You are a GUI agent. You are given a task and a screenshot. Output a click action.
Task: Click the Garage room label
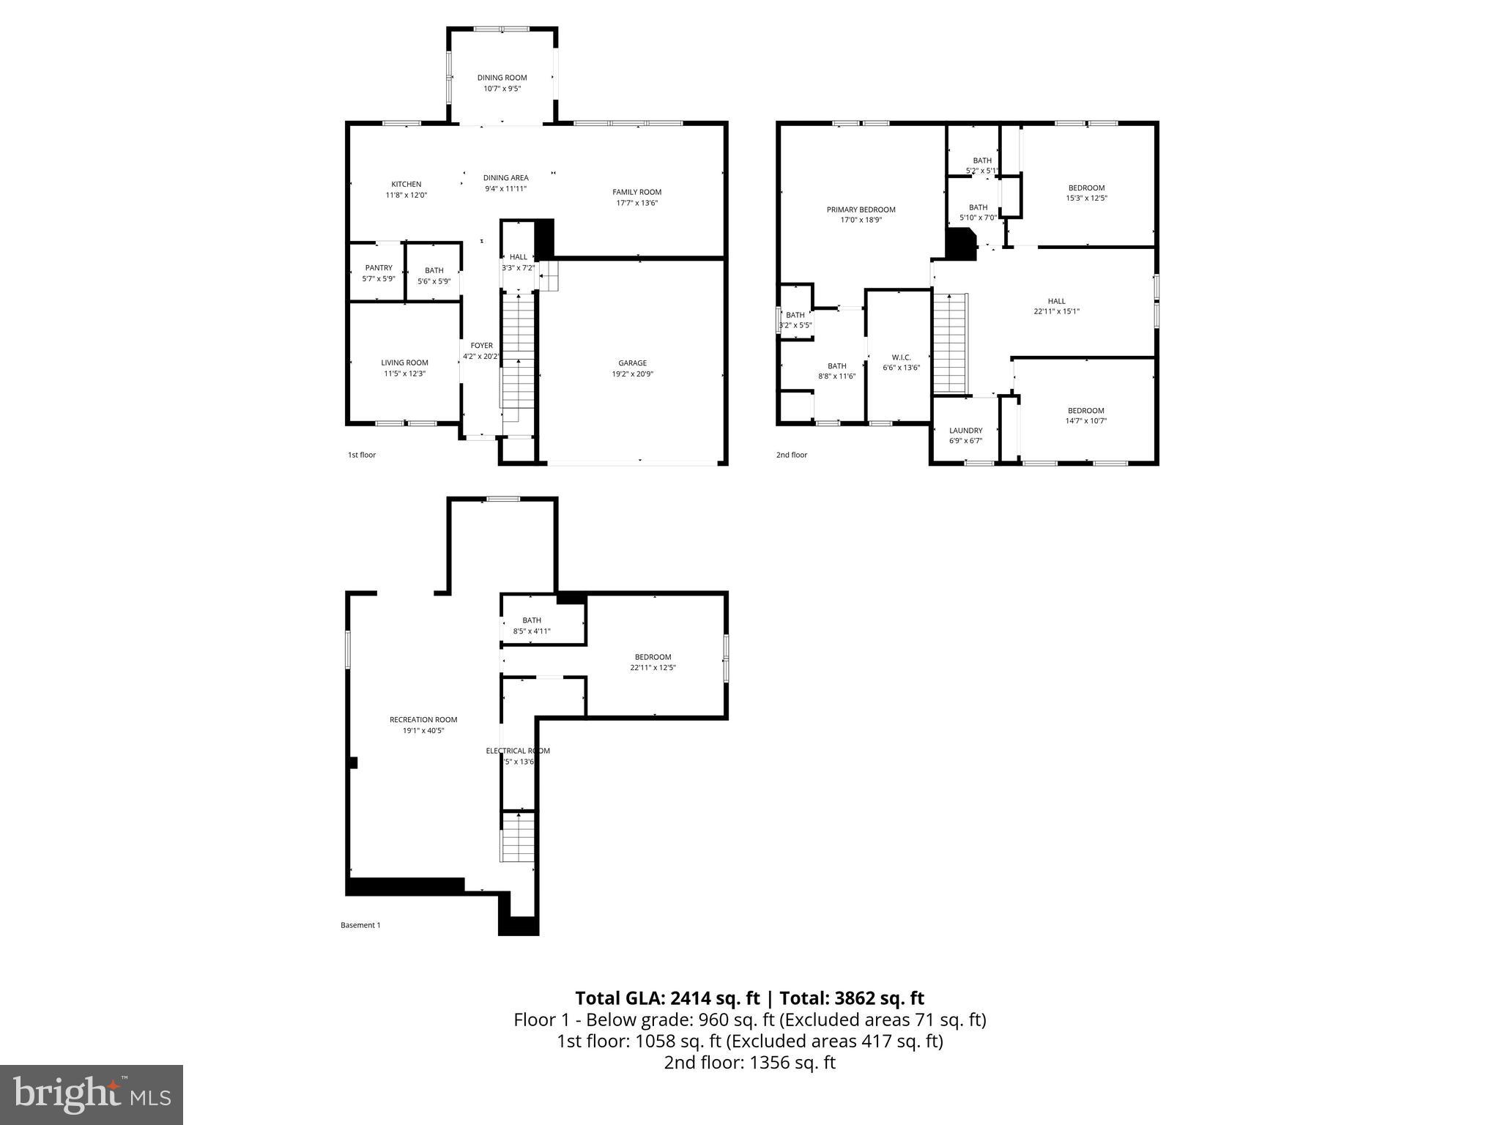[x=632, y=363]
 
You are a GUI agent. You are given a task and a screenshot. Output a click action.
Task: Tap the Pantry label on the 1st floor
[x=379, y=268]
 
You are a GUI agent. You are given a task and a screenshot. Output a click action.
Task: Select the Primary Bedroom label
[x=861, y=209]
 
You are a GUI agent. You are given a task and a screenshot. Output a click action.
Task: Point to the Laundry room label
[x=965, y=431]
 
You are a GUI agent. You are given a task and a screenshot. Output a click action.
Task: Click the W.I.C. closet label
[x=901, y=357]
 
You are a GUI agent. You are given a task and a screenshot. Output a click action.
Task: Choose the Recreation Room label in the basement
[x=424, y=720]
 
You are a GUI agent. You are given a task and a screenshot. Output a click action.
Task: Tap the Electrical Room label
[x=518, y=751]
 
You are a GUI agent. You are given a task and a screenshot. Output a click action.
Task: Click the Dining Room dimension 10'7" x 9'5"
[x=502, y=89]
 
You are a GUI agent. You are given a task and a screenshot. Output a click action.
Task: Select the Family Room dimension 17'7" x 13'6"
[x=636, y=203]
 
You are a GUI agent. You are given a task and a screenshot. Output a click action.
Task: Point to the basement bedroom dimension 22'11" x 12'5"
[x=653, y=668]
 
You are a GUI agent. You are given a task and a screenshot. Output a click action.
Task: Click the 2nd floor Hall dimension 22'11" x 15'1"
[x=1056, y=311]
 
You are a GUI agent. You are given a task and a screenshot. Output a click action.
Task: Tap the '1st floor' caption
[x=362, y=455]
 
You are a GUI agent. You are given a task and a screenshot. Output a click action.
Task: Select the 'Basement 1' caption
[x=360, y=925]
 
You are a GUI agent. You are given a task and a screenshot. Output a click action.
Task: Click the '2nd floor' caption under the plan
[x=792, y=455]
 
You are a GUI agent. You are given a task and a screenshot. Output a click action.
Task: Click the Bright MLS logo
[x=92, y=1094]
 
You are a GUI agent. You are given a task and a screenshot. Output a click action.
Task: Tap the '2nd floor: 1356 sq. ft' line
[x=749, y=1063]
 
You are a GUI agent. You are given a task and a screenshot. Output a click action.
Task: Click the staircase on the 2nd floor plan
[x=951, y=343]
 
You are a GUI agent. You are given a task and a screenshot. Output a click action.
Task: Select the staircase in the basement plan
[x=518, y=837]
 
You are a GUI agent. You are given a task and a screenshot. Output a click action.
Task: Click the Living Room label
[x=404, y=363]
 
